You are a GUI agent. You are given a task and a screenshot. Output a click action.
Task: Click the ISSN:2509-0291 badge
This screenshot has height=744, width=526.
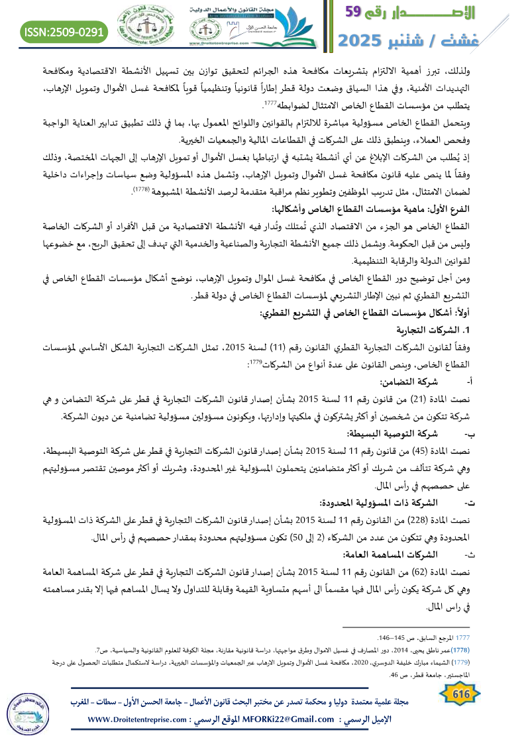tap(64, 31)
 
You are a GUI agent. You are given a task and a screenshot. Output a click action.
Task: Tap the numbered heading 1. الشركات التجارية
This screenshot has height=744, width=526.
tap(433, 330)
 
